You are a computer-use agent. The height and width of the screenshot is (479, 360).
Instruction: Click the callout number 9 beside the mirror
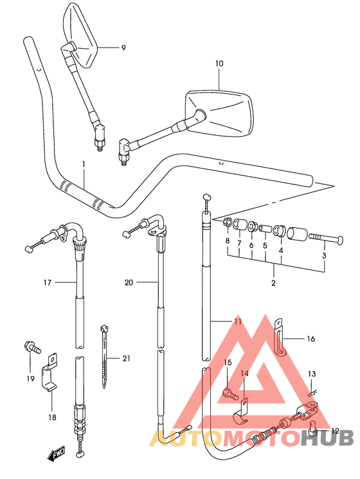123,48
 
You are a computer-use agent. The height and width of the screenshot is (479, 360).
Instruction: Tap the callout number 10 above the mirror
219,64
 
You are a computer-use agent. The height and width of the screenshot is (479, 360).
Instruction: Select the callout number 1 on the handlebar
84,165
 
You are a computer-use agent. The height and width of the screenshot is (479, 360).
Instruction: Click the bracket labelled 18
50,373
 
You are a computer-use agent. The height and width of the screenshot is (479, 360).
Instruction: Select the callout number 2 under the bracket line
273,283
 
